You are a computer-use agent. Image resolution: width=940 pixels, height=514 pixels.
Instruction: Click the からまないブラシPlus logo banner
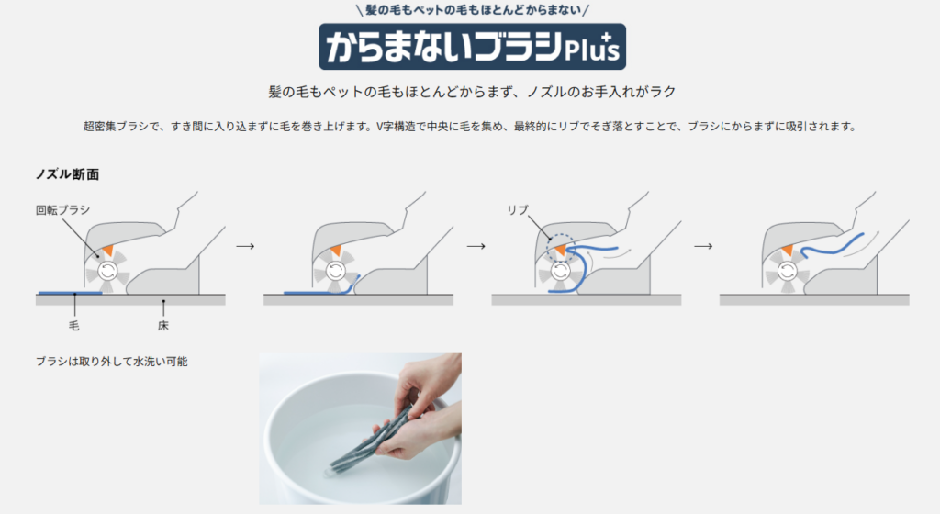point(473,47)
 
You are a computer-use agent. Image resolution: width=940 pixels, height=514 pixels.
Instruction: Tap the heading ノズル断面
point(67,174)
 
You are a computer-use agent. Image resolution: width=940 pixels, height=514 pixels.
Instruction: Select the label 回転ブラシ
point(62,209)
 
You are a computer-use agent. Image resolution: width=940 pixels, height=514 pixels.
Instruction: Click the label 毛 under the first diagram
point(73,325)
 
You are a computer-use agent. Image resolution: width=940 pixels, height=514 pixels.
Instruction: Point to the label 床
point(163,325)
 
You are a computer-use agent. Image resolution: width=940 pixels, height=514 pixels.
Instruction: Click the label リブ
point(518,209)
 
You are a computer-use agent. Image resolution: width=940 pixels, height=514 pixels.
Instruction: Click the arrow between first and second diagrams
point(245,246)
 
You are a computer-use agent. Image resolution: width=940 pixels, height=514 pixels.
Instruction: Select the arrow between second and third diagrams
point(476,246)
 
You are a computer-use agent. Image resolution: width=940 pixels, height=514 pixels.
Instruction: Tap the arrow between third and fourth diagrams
point(703,246)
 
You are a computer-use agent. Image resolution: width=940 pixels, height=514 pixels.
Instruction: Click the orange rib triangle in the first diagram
point(108,251)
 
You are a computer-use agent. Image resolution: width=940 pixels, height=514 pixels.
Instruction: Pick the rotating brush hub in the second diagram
point(335,272)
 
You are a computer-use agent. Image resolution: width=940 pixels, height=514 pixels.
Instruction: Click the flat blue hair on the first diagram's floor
point(70,293)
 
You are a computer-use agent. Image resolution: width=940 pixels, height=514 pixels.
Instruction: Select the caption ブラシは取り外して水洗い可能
point(111,362)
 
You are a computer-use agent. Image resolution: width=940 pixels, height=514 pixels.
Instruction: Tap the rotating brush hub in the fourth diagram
point(787,272)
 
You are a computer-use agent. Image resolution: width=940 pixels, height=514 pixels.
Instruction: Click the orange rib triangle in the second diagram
point(336,251)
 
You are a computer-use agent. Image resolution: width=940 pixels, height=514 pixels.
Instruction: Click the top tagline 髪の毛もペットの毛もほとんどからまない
point(473,9)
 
